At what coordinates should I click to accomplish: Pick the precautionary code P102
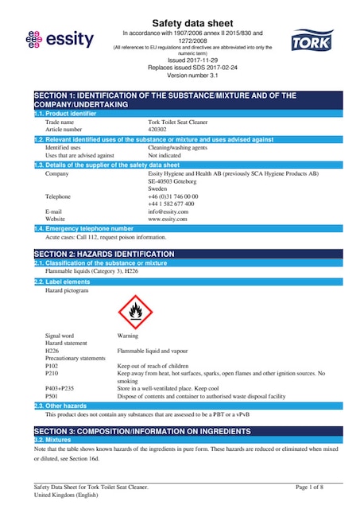52,366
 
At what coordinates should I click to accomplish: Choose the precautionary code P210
52,373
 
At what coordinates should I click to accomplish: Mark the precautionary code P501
52,395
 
